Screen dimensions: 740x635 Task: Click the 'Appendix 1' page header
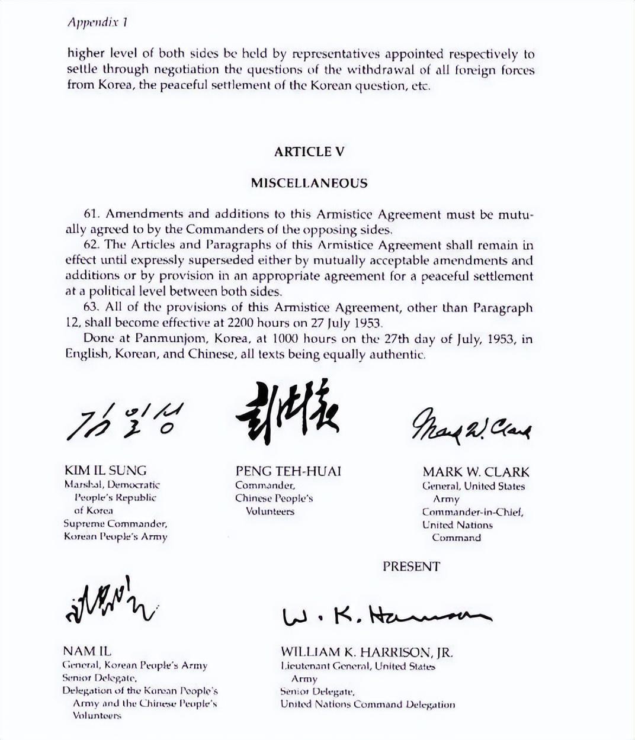(x=98, y=22)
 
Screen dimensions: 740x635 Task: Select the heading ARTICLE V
(x=309, y=152)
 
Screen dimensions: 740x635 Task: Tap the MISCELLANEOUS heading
(x=309, y=183)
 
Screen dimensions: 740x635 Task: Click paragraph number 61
(x=91, y=214)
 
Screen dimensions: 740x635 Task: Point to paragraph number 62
(x=91, y=245)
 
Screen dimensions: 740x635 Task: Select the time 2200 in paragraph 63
(x=243, y=323)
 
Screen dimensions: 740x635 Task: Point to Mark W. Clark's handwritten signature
(x=472, y=424)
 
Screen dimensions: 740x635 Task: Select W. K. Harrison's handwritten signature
(x=386, y=616)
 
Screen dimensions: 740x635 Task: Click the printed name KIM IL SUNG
(x=105, y=471)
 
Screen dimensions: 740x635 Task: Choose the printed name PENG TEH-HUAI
(x=288, y=471)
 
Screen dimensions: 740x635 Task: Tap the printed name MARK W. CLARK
(x=476, y=472)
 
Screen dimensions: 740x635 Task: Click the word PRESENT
(x=411, y=567)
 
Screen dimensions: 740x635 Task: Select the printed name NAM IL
(x=86, y=652)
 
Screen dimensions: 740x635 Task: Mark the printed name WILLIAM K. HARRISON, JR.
(x=367, y=652)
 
